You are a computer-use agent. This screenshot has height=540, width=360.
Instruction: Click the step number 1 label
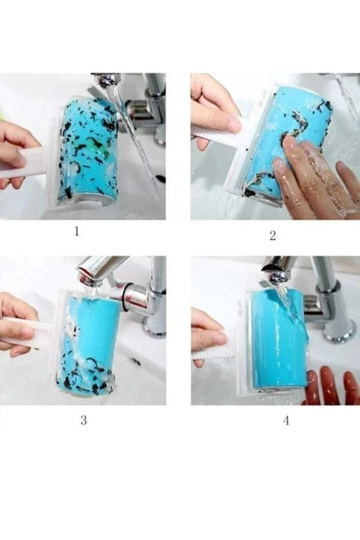(77, 231)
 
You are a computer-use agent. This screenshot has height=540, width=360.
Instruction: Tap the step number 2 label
(272, 235)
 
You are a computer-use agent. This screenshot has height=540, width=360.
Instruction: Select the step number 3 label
(84, 420)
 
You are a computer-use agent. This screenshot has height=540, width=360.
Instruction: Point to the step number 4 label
(286, 420)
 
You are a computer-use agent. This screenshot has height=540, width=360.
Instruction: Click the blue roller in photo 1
(89, 148)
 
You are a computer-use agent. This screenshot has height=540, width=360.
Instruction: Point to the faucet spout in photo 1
(105, 81)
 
